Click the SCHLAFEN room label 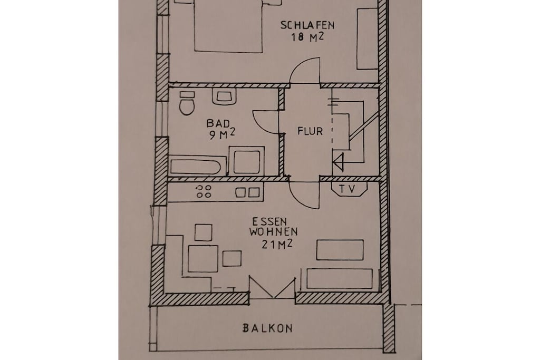(x=307, y=25)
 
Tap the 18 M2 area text (x=307, y=37)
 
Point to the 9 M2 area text (x=222, y=134)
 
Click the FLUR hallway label (x=310, y=131)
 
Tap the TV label (x=347, y=189)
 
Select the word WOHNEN (x=274, y=231)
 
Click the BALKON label (x=267, y=328)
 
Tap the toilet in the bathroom (x=187, y=103)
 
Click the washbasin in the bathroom (x=224, y=96)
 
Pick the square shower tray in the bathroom (x=247, y=161)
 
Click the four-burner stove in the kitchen (x=203, y=191)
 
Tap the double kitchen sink (x=247, y=192)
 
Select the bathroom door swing (x=265, y=121)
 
